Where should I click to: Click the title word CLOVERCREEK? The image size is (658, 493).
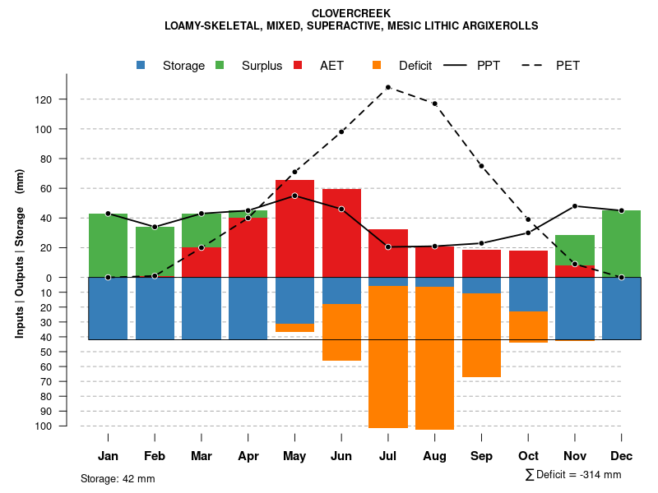351,13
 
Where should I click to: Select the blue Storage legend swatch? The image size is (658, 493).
141,65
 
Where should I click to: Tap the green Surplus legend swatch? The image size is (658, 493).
220,65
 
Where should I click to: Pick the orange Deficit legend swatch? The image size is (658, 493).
378,65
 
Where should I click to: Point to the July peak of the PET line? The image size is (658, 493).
387,87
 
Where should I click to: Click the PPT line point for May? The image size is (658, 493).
294,196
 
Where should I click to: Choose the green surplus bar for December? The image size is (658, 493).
621,243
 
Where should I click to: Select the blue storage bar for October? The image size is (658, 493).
528,294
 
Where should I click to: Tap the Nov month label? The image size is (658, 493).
575,456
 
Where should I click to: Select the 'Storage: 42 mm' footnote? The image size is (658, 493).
118,478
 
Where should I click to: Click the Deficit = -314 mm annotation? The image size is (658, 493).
572,475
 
